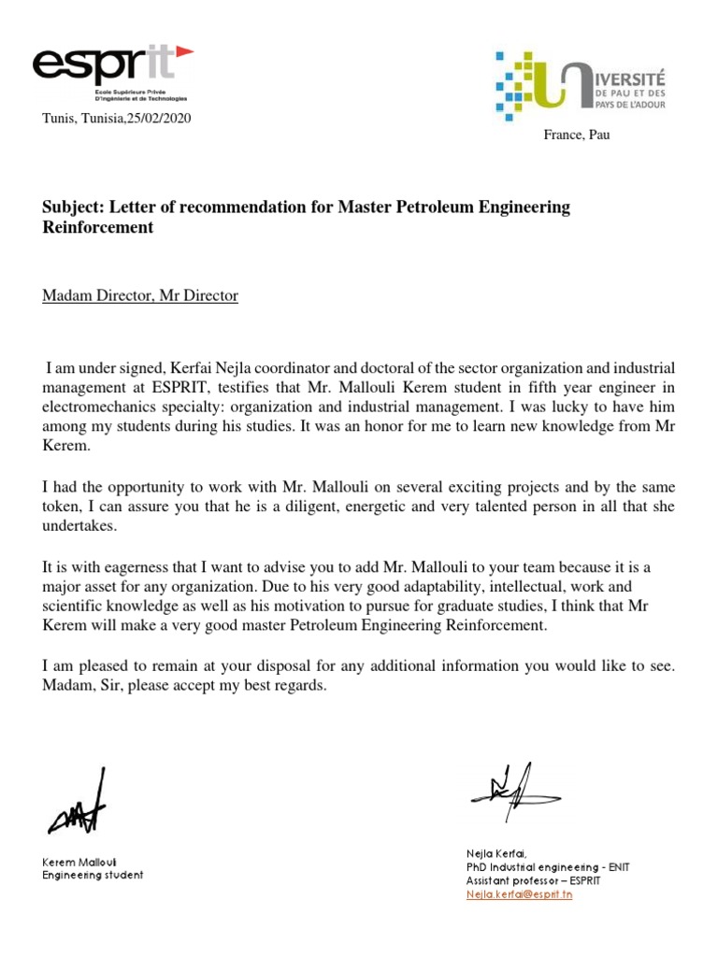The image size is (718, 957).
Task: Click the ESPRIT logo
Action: click(x=111, y=71)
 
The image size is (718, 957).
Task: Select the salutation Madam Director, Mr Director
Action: click(x=140, y=296)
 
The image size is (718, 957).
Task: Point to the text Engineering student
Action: click(x=93, y=876)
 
